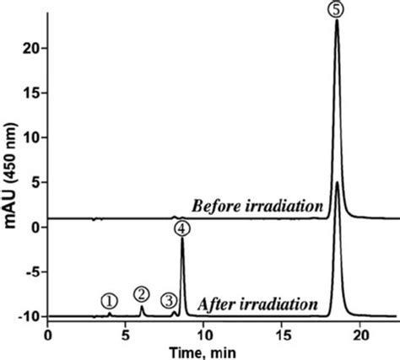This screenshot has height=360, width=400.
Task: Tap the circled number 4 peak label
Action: click(x=182, y=227)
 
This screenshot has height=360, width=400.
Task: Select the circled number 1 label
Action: click(x=109, y=300)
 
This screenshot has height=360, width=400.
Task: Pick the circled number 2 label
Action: click(x=142, y=293)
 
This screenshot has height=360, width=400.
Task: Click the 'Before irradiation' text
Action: click(x=258, y=206)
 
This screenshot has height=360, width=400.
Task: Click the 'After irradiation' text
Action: click(x=257, y=304)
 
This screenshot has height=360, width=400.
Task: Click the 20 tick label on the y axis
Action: click(x=31, y=49)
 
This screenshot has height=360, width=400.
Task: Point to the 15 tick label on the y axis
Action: click(x=31, y=94)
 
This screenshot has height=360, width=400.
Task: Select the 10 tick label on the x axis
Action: click(x=203, y=334)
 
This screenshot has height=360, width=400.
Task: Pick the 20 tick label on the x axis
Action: click(x=359, y=334)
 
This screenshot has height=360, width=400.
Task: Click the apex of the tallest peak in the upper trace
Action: click(x=337, y=20)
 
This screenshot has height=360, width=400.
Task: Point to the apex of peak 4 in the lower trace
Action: click(x=182, y=239)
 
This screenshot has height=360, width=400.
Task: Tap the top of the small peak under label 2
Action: click(x=142, y=307)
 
